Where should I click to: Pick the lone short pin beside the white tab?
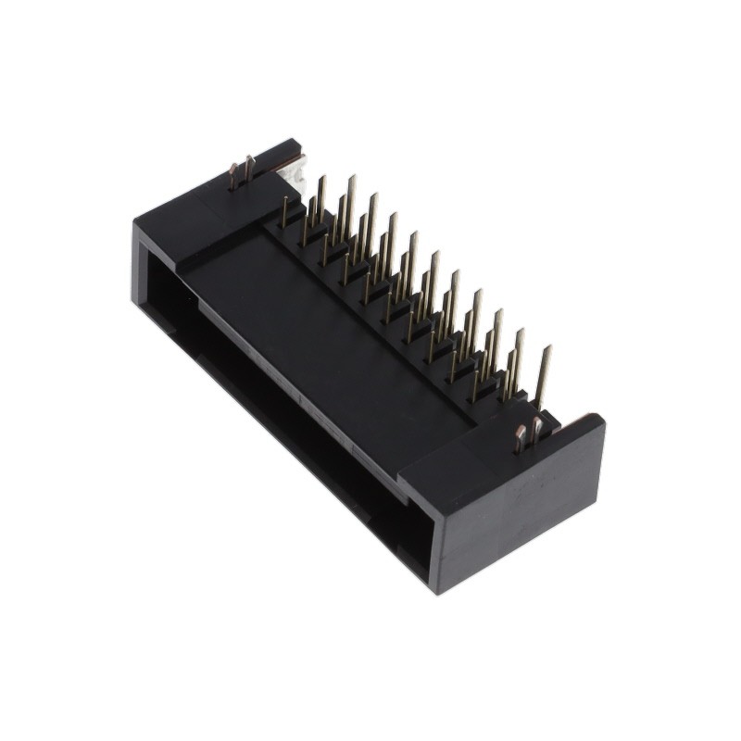283,210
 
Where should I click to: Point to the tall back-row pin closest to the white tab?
320,195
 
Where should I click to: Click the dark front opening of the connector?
278,408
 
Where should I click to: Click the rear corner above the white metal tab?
298,141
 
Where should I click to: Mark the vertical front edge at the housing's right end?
439,546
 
